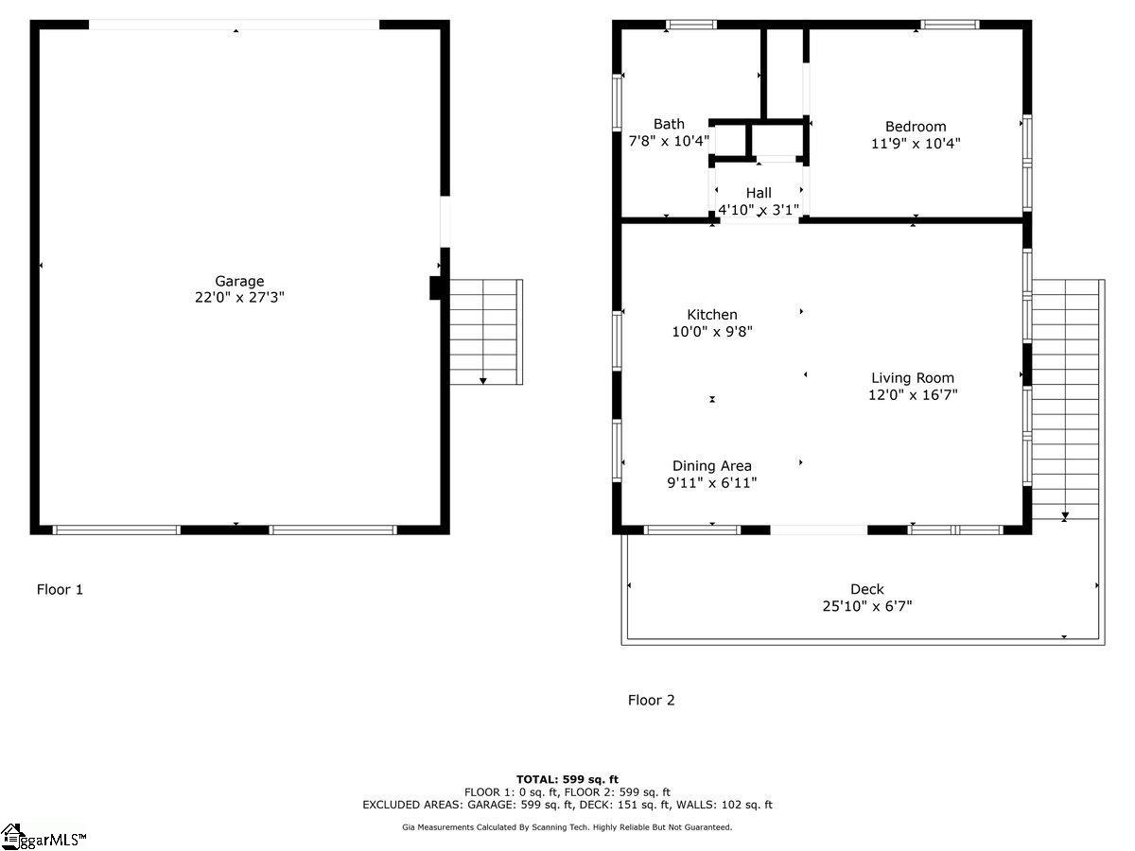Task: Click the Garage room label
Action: [239, 281]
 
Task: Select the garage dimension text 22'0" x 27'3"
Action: [239, 297]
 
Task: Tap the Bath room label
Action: [669, 124]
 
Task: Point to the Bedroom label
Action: [915, 127]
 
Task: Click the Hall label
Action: [759, 193]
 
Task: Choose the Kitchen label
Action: [712, 315]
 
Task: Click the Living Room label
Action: [913, 378]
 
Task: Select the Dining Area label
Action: [712, 466]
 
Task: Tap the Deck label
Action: [866, 589]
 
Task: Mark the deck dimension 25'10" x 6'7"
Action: [866, 606]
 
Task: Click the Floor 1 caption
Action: [60, 590]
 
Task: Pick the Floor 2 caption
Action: [652, 701]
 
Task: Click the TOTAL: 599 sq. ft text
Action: [567, 779]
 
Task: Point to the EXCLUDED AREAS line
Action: [567, 806]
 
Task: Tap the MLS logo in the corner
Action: [44, 837]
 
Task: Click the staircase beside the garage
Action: [484, 331]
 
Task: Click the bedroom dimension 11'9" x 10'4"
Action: [915, 144]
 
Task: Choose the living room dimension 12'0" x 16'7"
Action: [913, 395]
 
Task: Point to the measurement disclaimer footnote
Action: [567, 827]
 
